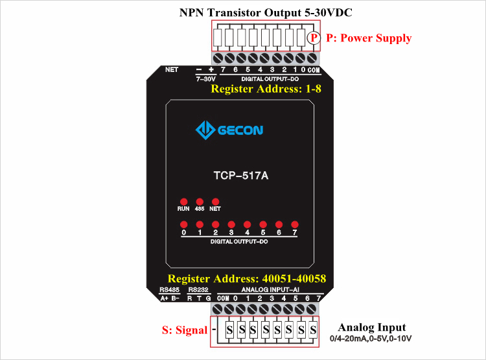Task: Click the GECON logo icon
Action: (x=205, y=130)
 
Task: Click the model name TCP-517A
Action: (x=240, y=175)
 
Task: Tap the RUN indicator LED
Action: (x=183, y=202)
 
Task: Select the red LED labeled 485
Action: (x=200, y=202)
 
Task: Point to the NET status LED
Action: (x=215, y=202)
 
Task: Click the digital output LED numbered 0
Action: (x=183, y=224)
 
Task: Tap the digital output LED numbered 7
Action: (x=294, y=224)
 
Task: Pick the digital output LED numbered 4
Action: (x=247, y=224)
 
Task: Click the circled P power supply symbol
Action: (x=314, y=38)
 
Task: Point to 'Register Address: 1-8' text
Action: (x=266, y=89)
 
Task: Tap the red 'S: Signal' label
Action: (x=185, y=330)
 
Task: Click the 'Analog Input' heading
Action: (x=372, y=328)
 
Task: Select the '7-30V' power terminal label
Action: (x=205, y=78)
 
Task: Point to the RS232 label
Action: (x=198, y=290)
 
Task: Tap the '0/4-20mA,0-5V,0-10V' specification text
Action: (x=371, y=339)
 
